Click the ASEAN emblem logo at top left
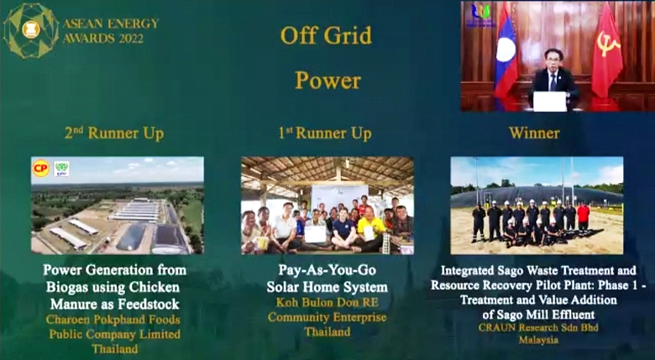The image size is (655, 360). click(30, 30)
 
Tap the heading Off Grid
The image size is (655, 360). click(326, 36)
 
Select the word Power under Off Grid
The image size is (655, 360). click(327, 81)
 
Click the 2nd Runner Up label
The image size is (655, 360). click(114, 133)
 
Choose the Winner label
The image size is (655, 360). click(534, 133)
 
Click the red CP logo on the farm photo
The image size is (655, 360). click(40, 168)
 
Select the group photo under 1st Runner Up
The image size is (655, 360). click(327, 206)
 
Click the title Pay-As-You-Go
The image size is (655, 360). click(327, 270)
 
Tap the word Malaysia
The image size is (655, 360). click(537, 341)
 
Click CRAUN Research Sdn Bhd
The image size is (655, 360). click(537, 326)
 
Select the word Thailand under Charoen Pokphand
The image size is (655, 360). click(115, 348)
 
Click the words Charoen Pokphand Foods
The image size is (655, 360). click(115, 318)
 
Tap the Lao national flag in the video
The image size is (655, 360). click(506, 55)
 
